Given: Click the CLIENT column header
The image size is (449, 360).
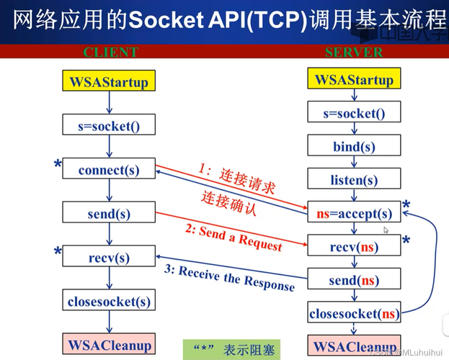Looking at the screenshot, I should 110,52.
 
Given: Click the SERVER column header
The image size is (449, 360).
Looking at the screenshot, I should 354,52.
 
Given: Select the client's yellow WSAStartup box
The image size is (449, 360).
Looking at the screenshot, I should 109,81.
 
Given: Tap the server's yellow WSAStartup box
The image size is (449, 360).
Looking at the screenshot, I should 354,79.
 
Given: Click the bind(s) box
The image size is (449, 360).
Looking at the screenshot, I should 354,146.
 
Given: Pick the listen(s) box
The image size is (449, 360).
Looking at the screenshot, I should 354,180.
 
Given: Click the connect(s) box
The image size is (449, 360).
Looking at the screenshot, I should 109,170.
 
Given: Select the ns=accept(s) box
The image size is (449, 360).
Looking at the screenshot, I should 354,214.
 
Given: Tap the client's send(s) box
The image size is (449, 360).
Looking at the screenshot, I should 109,213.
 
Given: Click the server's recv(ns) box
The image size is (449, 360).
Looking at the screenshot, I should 354,247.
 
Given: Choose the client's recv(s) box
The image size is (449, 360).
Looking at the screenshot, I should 109,257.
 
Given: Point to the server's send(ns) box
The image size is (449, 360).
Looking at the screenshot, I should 354,280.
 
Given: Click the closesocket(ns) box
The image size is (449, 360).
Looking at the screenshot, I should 354,313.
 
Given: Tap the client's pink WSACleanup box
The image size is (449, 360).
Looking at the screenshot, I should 109,345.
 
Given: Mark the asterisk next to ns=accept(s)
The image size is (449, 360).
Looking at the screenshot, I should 406,207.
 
